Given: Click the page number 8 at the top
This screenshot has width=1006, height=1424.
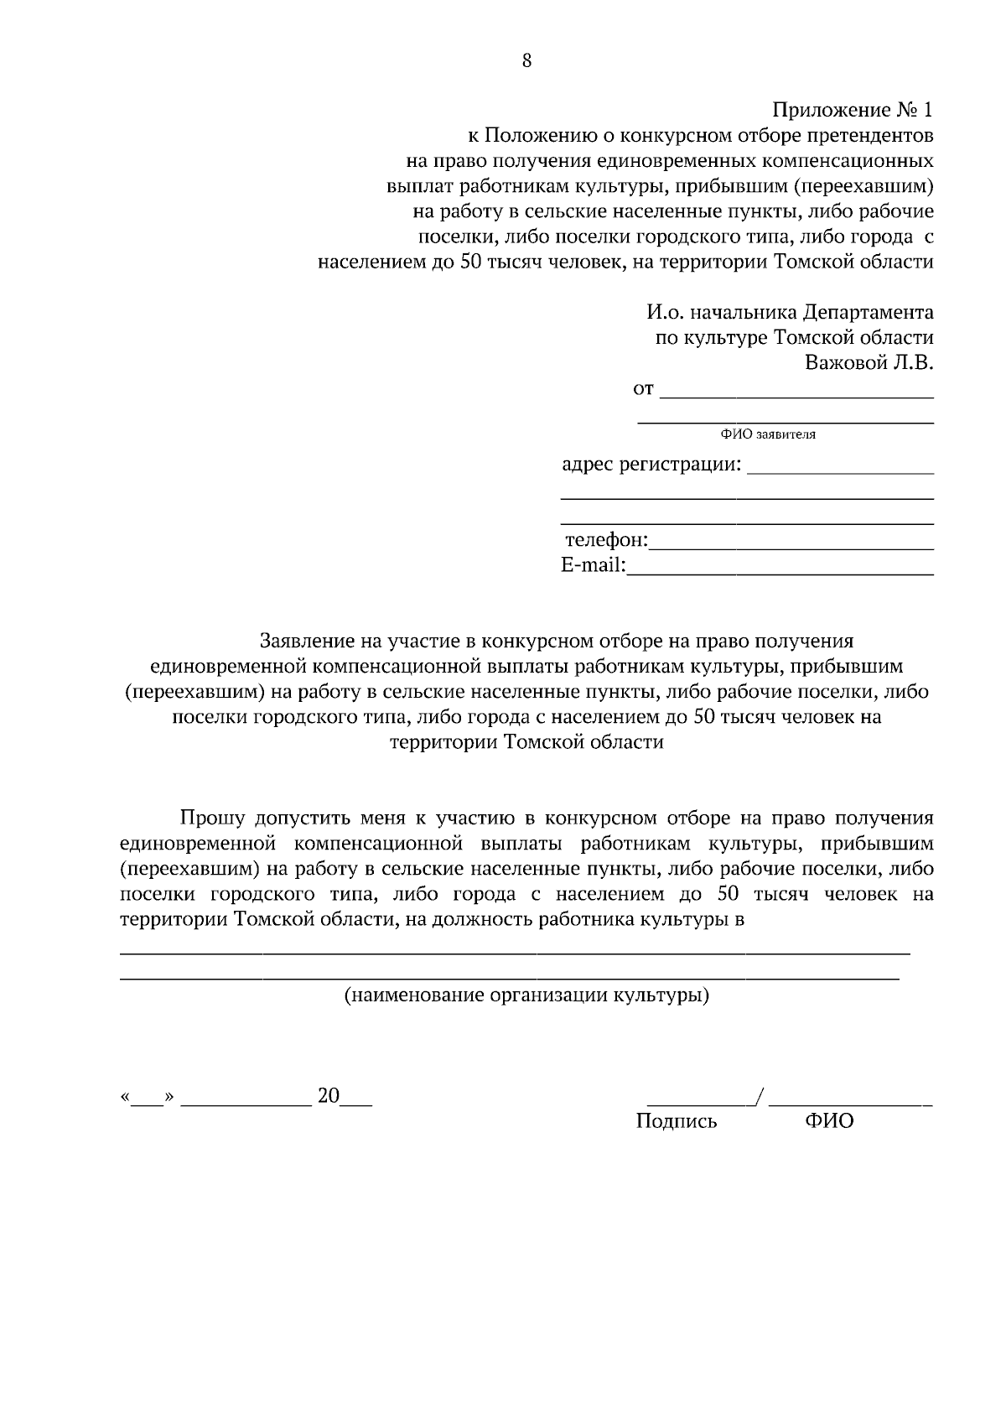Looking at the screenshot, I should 526,60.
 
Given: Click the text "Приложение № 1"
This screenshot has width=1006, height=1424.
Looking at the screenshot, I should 852,111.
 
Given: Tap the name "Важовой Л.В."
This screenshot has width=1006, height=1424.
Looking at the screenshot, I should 869,363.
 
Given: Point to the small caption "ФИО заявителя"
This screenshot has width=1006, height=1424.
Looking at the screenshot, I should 767,434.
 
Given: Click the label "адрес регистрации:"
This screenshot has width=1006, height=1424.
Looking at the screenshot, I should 651,465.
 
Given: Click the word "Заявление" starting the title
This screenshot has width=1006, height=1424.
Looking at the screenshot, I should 308,642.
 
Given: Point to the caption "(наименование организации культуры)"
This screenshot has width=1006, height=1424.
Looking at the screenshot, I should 527,995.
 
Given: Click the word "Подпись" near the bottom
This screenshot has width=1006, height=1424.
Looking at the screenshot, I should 676,1121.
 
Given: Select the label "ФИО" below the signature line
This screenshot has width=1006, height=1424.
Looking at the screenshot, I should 829,1121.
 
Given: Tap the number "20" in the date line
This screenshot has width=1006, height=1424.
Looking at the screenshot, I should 328,1095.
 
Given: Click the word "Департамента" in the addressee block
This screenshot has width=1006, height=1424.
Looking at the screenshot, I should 868,313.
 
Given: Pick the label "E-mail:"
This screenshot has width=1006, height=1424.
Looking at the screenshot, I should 593,566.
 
